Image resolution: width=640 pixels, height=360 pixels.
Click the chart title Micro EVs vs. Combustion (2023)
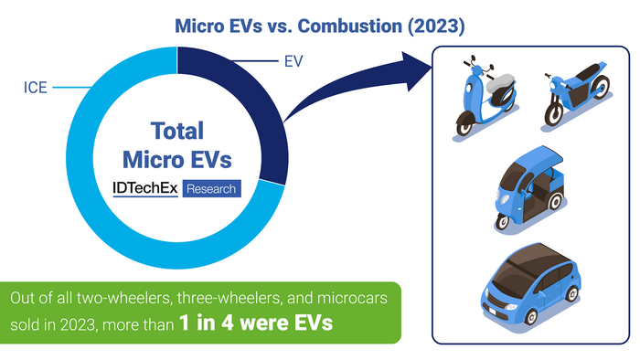pos(320,26)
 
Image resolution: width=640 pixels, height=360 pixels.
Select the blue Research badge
pos(211,189)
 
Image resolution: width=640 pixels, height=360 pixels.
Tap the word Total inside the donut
pos(177,131)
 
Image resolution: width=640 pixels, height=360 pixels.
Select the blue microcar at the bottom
pos(530,279)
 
